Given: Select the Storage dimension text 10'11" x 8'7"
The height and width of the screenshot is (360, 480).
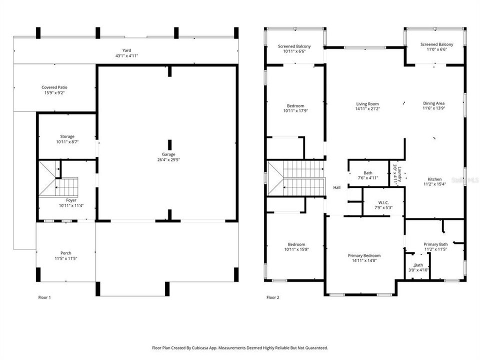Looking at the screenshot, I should click(67, 142).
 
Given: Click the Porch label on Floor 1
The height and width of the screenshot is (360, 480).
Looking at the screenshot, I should click(66, 252).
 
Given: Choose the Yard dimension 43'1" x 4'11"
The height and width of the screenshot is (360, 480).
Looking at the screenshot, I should click(126, 55).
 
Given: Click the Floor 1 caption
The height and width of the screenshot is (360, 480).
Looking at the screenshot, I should click(44, 297).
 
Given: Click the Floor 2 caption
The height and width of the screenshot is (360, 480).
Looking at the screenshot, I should click(272, 297).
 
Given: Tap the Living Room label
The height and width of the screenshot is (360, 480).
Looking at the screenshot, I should click(367, 103).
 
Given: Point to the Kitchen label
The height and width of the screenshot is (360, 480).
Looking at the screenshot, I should click(434, 179).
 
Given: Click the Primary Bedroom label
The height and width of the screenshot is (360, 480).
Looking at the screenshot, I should click(364, 255).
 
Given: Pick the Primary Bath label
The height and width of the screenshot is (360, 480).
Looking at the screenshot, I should click(435, 243).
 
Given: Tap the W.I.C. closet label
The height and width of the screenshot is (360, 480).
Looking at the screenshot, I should click(383, 202).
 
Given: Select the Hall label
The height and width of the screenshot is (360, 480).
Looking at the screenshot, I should click(336, 187).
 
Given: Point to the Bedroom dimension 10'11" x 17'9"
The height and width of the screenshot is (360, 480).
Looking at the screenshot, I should click(295, 111).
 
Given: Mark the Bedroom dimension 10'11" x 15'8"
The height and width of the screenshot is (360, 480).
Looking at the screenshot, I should click(294, 249).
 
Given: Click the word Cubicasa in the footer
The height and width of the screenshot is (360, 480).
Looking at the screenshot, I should click(210, 347).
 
